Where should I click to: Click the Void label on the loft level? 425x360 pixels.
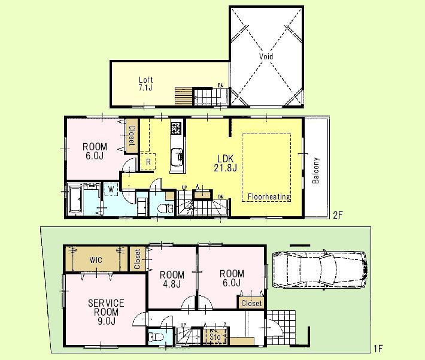click(x=266, y=56)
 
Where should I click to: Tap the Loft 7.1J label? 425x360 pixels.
click(x=146, y=84)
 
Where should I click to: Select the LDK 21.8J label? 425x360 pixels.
click(x=226, y=164)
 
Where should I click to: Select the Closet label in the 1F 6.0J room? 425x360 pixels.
click(x=251, y=303)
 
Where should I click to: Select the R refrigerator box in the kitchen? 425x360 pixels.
click(x=147, y=161)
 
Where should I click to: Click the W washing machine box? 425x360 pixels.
click(x=110, y=190)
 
